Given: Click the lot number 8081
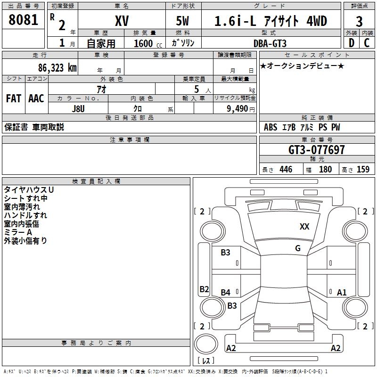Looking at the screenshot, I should (x=24, y=20).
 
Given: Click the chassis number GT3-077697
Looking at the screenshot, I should (x=317, y=150).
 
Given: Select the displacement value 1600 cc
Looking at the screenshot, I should (x=145, y=43).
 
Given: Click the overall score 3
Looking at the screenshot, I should (x=359, y=22).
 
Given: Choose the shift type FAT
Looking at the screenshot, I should (x=13, y=98).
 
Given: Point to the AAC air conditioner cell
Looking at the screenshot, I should (x=36, y=98).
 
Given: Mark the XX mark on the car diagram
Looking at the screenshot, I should (x=304, y=227).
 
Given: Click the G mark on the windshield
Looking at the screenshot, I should (x=298, y=248).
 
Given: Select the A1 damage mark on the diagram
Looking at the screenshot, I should (x=342, y=293).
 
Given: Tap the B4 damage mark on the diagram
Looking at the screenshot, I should (x=226, y=293).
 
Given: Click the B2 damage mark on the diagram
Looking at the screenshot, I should (x=204, y=289).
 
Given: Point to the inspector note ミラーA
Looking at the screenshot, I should (x=18, y=232).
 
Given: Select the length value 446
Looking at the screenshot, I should (x=285, y=170).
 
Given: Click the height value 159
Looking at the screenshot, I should (x=363, y=170).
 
